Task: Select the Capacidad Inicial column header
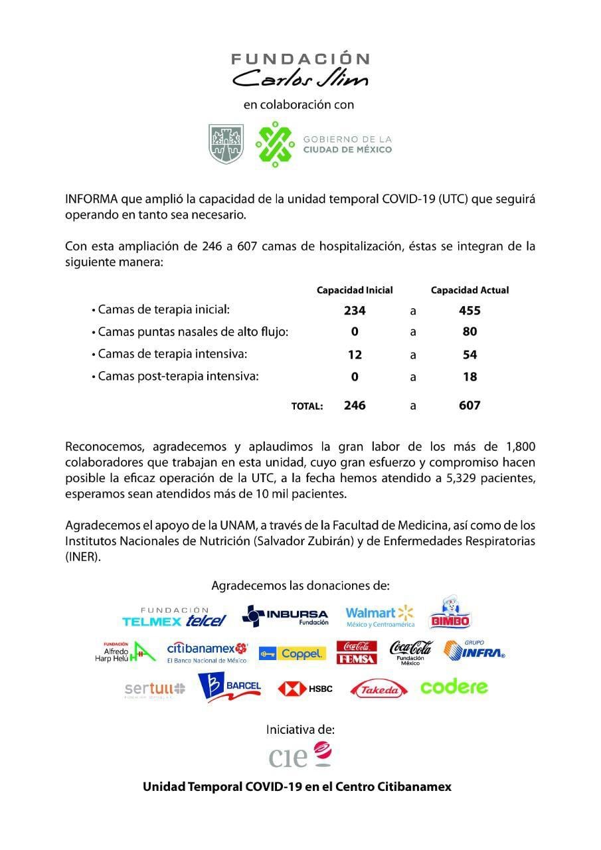[x=355, y=290]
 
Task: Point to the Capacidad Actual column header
[x=470, y=290]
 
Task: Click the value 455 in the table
[x=470, y=311]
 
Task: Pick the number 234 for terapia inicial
[x=355, y=311]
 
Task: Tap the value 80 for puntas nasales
[x=470, y=332]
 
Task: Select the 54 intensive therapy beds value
[x=470, y=355]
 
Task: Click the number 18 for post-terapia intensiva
[x=470, y=377]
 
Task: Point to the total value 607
[x=470, y=405]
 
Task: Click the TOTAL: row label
[x=307, y=406]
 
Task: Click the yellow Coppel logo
[x=292, y=653]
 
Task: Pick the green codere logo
[x=454, y=687]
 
